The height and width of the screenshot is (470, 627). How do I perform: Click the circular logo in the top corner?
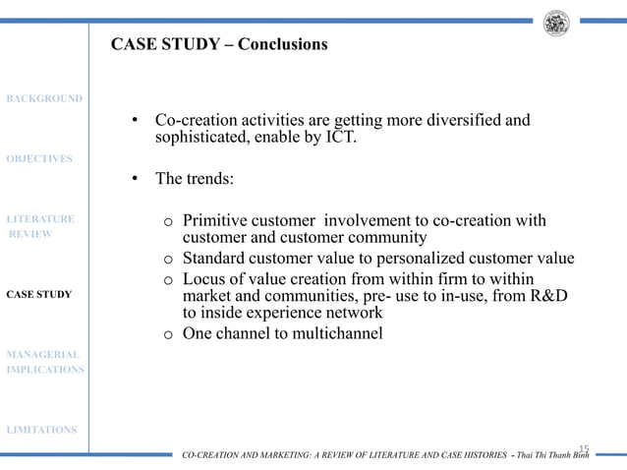click(x=556, y=23)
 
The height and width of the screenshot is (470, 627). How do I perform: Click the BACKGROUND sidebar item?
click(x=43, y=98)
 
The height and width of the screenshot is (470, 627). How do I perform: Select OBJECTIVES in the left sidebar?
click(x=39, y=158)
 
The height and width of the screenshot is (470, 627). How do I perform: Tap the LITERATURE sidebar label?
click(x=40, y=218)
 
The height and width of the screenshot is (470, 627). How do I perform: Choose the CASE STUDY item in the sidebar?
click(x=38, y=294)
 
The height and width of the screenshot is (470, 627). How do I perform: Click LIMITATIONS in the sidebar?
click(x=40, y=430)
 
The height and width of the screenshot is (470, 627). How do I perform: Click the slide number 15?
click(x=583, y=447)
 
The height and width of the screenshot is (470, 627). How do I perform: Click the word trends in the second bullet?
click(x=205, y=180)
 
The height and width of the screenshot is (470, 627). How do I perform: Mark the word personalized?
click(x=428, y=259)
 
